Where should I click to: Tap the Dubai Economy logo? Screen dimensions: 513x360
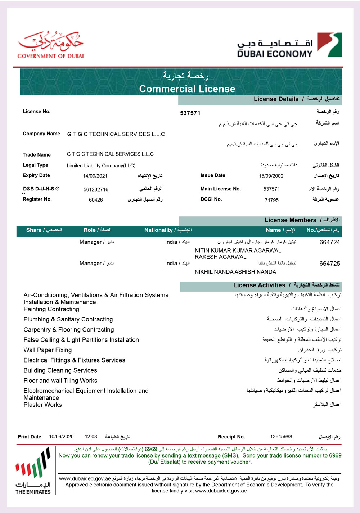tap(289, 45)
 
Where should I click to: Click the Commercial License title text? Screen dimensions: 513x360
tap(187, 89)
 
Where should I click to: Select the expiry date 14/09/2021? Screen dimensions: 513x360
tap(95, 176)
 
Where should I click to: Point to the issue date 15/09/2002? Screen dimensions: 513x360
tap(271, 176)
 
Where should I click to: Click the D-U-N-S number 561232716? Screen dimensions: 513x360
tap(96, 189)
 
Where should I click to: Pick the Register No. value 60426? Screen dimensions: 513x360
tap(96, 200)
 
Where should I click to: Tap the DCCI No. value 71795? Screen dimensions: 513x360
tap(271, 200)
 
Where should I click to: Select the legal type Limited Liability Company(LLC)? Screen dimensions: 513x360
tap(101, 166)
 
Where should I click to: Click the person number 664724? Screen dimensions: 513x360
tap(329, 242)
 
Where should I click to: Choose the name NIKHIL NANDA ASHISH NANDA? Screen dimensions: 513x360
tap(235, 272)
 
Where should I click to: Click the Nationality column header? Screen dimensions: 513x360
tap(168, 230)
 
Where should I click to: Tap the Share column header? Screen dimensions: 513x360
tap(44, 230)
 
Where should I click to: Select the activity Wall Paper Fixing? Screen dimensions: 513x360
tap(48, 350)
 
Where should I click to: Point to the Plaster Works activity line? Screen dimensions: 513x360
tap(42, 405)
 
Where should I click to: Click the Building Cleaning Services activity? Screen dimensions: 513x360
tap(60, 370)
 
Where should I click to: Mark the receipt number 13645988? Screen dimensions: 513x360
tap(281, 437)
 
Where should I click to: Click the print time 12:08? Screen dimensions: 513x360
tap(91, 437)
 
